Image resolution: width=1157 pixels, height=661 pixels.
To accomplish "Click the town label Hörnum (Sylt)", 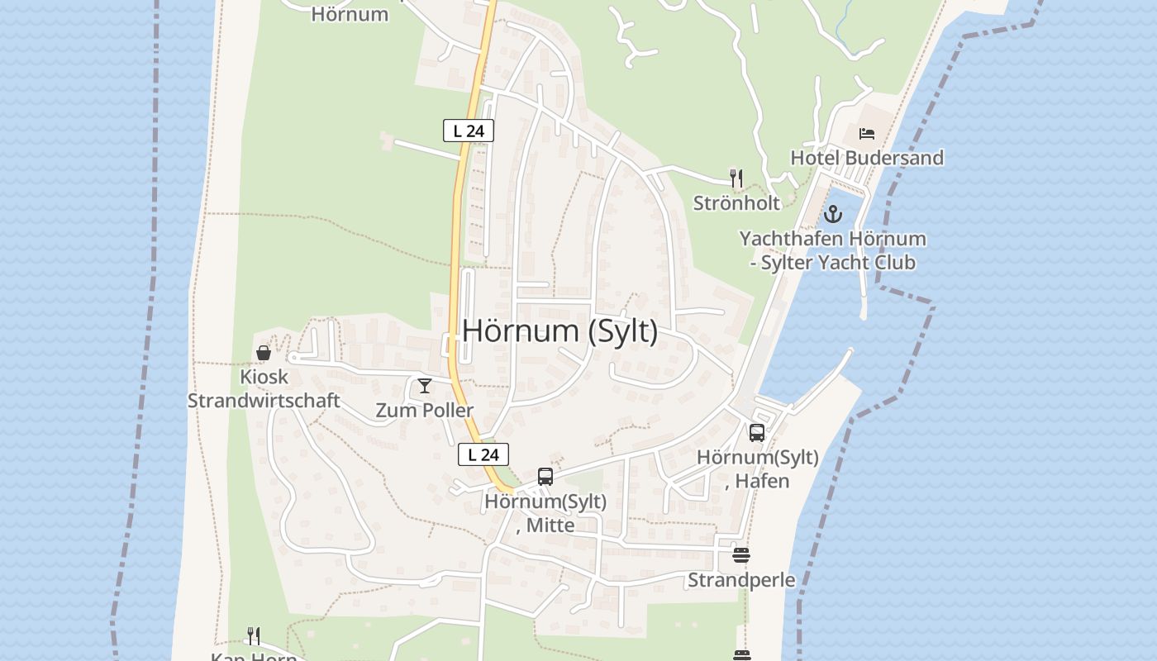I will [x=559, y=331].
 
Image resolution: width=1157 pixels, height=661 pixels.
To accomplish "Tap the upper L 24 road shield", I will [x=469, y=131].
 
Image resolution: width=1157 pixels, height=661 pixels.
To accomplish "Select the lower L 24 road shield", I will [x=483, y=454].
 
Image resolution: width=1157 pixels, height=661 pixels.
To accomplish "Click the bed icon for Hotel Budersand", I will [x=866, y=133].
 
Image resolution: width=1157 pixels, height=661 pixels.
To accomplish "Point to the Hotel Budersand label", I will [x=866, y=158].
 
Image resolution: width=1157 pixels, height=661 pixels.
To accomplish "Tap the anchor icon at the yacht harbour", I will [x=832, y=215].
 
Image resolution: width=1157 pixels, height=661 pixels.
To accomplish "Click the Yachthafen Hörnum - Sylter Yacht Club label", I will [x=832, y=250].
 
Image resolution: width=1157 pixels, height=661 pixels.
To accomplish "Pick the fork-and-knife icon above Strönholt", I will [x=736, y=178].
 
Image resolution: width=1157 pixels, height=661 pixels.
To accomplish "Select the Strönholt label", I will [x=736, y=202].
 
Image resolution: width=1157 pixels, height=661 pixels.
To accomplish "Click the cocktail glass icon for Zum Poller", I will [x=425, y=386].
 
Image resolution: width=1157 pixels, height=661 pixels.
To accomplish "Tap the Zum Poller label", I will [x=425, y=411].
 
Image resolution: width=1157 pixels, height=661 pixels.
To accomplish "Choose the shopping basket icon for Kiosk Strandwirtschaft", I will [x=264, y=353].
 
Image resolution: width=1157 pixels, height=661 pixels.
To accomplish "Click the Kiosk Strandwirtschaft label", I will [x=264, y=388].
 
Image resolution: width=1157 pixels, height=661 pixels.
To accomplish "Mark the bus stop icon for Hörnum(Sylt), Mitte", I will [x=545, y=477].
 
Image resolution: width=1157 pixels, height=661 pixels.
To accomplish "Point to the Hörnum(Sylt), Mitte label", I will [x=545, y=513].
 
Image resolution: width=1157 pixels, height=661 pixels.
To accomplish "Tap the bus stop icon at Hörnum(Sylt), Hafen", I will [x=757, y=432].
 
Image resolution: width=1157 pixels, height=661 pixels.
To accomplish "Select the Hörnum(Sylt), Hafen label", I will [x=757, y=468].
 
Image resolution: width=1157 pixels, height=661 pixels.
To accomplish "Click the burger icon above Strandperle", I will [x=741, y=555].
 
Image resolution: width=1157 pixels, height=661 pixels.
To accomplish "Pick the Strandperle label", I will [x=741, y=580].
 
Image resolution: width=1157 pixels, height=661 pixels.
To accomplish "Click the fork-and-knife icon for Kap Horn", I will [x=254, y=636].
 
